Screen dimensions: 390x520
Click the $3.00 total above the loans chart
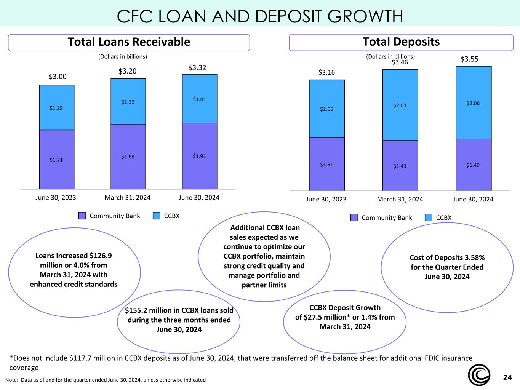[58, 77]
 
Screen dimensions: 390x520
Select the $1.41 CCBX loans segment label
[199, 99]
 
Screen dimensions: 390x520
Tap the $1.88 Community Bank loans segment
[128, 157]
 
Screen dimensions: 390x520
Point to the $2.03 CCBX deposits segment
[400, 105]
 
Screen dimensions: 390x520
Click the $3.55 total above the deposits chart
[469, 59]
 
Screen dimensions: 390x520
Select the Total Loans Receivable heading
[129, 42]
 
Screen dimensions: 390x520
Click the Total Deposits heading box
[401, 42]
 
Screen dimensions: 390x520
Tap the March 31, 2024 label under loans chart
[128, 197]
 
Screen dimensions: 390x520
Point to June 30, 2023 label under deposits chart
[326, 199]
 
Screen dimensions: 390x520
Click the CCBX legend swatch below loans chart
[157, 216]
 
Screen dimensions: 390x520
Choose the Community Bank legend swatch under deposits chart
[354, 217]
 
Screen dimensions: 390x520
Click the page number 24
[507, 377]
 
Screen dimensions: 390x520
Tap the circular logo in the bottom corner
[479, 375]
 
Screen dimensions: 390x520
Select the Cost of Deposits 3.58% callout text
[447, 267]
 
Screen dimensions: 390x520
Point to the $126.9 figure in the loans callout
[101, 256]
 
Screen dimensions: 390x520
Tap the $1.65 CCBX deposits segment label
[326, 109]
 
